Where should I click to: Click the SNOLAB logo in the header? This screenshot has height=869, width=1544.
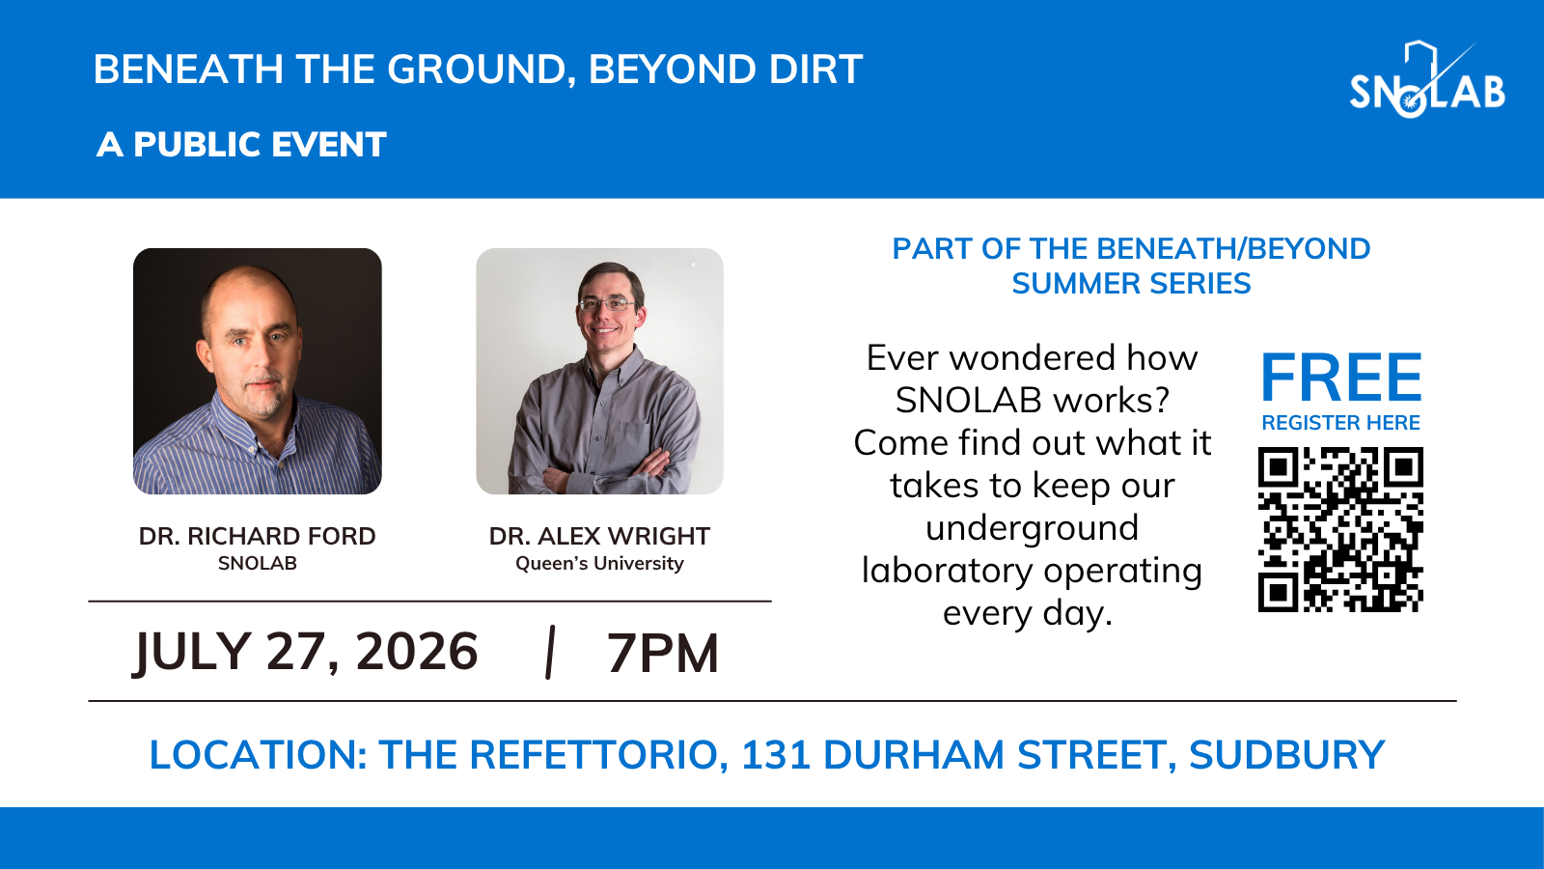tap(1427, 80)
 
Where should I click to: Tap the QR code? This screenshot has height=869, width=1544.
tap(1340, 530)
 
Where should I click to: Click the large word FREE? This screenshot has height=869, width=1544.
tap(1340, 378)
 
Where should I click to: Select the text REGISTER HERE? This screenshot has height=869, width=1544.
tap(1340, 423)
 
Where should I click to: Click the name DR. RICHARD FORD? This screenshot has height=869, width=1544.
tap(257, 536)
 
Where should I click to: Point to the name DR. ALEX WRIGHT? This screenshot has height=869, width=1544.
tap(599, 536)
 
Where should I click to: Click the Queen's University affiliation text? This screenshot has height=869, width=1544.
tap(599, 564)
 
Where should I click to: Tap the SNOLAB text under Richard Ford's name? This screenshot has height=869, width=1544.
tap(257, 564)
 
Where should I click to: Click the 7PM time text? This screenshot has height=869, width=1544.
tap(663, 653)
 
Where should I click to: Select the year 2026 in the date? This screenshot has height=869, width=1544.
tap(416, 651)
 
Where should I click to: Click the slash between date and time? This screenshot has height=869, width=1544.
tap(550, 653)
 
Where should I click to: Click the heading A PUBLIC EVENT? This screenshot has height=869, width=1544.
tap(241, 145)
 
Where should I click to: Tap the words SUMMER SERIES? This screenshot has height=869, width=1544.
tap(1131, 284)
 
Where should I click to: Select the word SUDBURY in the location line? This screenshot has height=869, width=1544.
tap(1287, 754)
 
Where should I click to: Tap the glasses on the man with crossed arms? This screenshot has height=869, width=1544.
tap(607, 303)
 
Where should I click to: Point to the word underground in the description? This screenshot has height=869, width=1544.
tap(1032, 528)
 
